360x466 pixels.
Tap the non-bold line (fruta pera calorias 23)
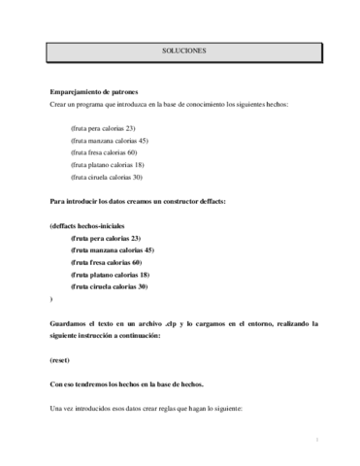pyautogui.click(x=103, y=128)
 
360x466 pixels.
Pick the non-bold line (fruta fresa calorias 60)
pyautogui.click(x=104, y=151)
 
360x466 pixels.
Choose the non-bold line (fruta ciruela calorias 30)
pyautogui.click(x=107, y=176)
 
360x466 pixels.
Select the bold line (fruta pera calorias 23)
pyautogui.click(x=106, y=238)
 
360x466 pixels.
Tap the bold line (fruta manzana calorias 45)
pyautogui.click(x=112, y=250)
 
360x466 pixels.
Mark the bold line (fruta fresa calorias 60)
pyautogui.click(x=107, y=262)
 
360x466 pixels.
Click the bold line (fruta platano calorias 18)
pyautogui.click(x=110, y=274)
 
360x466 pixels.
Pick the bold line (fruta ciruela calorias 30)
pyautogui.click(x=110, y=286)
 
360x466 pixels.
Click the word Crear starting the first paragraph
pyautogui.click(x=59, y=104)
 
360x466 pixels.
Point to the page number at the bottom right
pyautogui.click(x=317, y=439)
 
